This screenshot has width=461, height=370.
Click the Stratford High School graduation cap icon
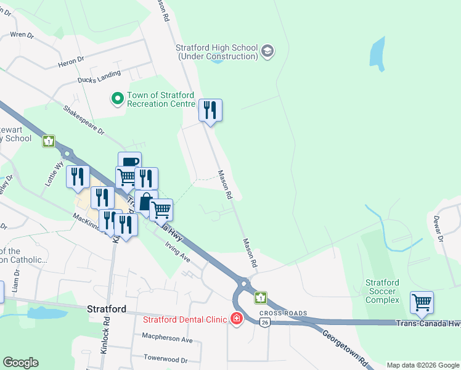(267, 51)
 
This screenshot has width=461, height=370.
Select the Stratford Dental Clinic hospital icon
(236, 319)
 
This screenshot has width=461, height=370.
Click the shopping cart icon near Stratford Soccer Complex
(422, 302)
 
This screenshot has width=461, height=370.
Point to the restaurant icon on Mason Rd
(210, 110)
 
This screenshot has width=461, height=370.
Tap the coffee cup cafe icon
(129, 162)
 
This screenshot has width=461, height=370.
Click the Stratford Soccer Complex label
(382, 291)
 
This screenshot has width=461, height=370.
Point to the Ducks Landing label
(99, 77)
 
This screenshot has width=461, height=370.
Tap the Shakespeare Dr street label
(84, 119)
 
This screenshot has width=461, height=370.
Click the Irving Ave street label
(177, 251)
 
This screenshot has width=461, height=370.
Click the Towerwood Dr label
(165, 358)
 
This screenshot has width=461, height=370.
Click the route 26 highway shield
(264, 323)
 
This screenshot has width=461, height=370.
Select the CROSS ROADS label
(287, 313)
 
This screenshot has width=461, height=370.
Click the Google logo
(20, 363)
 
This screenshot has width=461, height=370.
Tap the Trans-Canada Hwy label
(428, 323)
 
